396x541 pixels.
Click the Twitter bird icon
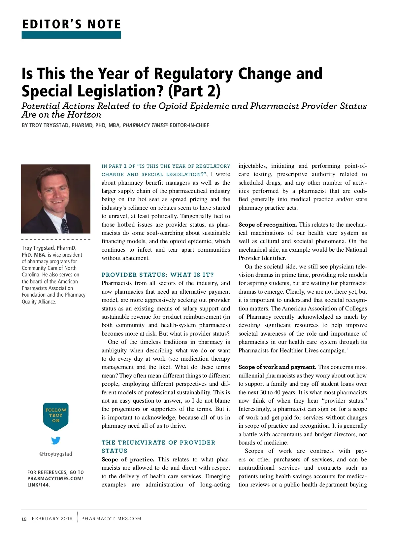[x=56, y=440]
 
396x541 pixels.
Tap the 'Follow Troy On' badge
[x=56, y=415]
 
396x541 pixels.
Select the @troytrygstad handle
[x=55, y=454]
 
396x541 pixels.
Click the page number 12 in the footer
[x=24, y=519]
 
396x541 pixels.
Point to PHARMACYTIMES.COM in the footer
[x=111, y=519]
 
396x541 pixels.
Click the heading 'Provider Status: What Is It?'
[x=158, y=275]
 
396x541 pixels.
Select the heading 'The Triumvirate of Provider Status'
[x=158, y=447]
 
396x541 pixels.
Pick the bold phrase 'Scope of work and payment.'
[x=277, y=367]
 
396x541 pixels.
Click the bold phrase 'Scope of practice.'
[x=128, y=459]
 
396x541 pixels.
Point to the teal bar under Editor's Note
[x=71, y=35]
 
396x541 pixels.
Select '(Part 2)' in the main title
[x=194, y=91]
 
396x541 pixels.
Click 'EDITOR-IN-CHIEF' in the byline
[x=189, y=126]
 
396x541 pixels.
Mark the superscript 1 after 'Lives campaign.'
[x=346, y=349]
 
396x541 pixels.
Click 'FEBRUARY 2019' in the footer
[x=52, y=519]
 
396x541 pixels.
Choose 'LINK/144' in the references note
[x=38, y=485]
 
